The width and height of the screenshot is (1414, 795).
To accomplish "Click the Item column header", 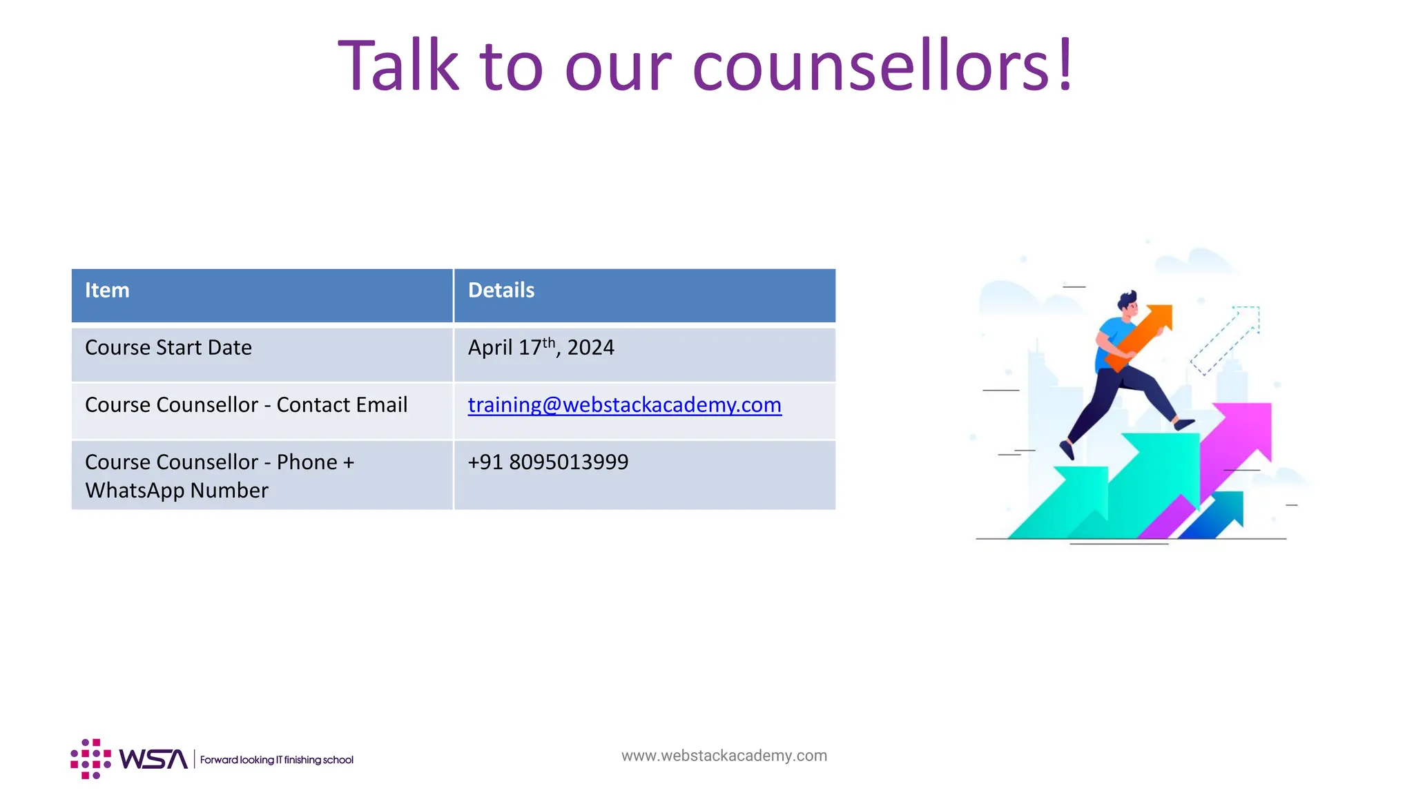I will point(107,291).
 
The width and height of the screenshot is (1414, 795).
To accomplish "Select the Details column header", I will point(501,291).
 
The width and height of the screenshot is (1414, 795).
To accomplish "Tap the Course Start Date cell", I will point(168,348).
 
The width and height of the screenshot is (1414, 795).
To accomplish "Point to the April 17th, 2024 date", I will point(541,347).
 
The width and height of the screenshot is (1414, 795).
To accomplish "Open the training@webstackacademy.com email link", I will point(624,405).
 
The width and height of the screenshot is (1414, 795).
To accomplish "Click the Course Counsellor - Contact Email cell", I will point(246,405).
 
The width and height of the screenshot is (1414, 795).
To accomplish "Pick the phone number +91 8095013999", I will point(548,462).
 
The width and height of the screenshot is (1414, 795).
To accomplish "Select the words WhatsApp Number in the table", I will point(177,491).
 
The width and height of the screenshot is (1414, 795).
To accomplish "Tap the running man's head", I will point(1128,303).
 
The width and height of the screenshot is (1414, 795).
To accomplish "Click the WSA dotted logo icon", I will point(90,759).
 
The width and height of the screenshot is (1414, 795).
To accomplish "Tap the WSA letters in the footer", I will point(153,759).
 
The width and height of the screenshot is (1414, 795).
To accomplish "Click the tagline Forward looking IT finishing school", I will point(277,760).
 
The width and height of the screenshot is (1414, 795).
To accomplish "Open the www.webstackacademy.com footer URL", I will point(724,756).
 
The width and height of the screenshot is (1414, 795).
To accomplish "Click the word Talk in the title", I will point(398,66).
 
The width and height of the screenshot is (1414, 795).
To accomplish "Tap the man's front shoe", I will point(1185,424).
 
